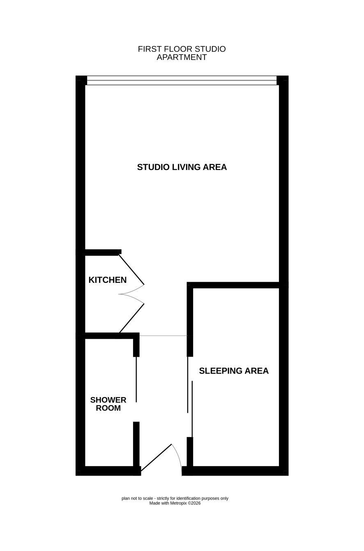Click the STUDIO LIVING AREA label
[182, 167]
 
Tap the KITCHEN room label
[108, 280]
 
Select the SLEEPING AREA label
[234, 371]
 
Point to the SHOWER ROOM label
[108, 404]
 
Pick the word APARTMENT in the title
[182, 57]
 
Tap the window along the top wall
[182, 80]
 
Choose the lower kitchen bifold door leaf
[131, 318]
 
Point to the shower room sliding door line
[136, 379]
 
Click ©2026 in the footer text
[194, 503]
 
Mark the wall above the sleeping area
[233, 285]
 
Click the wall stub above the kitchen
[103, 252]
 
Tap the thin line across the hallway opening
[164, 335]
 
